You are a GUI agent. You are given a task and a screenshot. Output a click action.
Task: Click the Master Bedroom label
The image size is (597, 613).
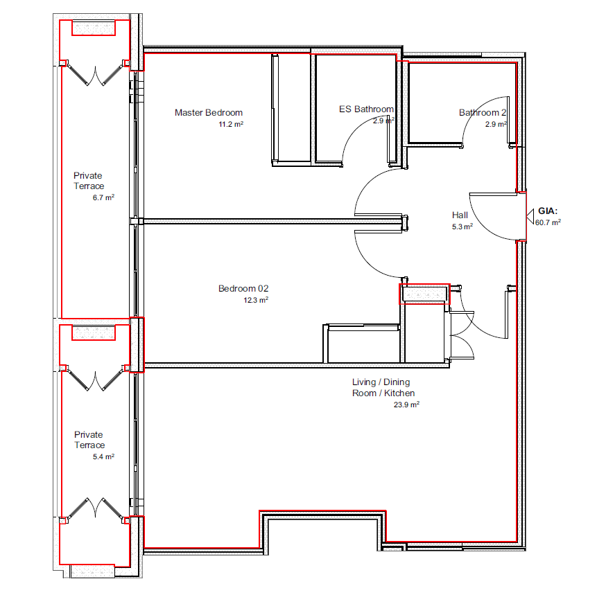click(x=209, y=113)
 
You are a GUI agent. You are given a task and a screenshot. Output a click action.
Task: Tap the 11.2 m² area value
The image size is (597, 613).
click(x=231, y=124)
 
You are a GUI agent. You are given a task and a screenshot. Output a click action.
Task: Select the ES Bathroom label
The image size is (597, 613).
click(x=366, y=109)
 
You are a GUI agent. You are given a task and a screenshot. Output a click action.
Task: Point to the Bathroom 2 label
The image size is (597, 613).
click(x=483, y=113)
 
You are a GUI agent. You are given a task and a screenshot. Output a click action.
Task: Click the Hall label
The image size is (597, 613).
click(x=460, y=215)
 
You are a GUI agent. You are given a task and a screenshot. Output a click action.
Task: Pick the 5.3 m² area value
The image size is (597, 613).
click(x=462, y=226)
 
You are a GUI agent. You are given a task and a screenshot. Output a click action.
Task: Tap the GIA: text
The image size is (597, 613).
click(x=548, y=211)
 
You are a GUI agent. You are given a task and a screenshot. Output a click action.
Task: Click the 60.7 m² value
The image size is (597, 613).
click(x=548, y=222)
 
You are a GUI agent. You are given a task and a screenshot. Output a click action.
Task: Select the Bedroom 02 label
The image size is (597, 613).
click(x=243, y=289)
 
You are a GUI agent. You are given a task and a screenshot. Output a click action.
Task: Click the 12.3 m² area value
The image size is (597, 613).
click(x=256, y=300)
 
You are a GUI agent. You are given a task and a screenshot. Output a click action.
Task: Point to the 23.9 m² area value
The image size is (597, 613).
click(x=406, y=405)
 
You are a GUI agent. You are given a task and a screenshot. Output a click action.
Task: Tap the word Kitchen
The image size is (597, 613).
click(x=399, y=393)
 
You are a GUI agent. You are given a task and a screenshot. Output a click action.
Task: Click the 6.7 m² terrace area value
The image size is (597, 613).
click(x=103, y=197)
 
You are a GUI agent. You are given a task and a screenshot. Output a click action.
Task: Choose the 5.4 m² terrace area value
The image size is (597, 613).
click(x=103, y=456)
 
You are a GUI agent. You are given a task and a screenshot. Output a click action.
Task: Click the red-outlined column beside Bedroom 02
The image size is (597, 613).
click(x=425, y=294)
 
